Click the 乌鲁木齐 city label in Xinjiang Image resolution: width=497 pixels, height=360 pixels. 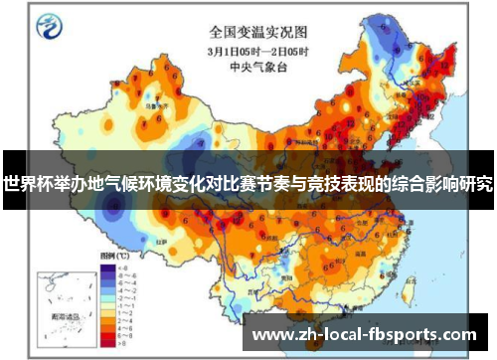(149, 100)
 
